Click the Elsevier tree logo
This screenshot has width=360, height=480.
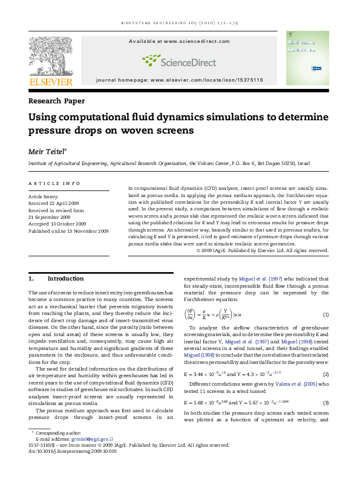51,55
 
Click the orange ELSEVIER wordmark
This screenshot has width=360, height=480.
51,82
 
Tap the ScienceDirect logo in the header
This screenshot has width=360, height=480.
179,60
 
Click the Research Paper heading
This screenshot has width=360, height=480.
57,101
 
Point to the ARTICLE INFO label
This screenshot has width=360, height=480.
54,183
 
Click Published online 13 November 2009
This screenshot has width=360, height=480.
68,231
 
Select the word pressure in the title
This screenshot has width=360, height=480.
50,130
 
